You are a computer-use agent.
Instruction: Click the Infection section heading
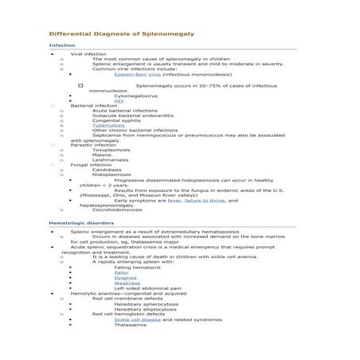[x=62, y=45]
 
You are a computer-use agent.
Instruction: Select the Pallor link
[x=121, y=272]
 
